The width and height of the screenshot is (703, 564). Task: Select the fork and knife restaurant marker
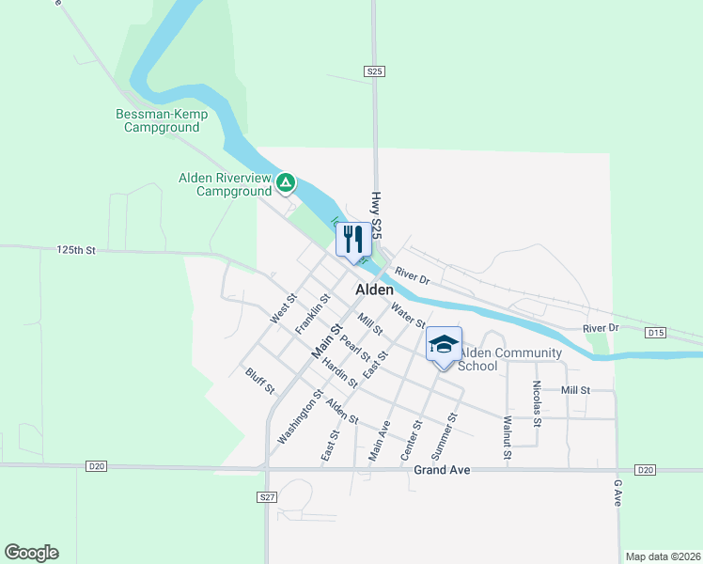pyautogui.click(x=352, y=240)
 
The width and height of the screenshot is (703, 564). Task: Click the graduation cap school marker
pyautogui.click(x=444, y=345)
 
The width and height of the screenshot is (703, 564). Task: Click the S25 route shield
pyautogui.click(x=374, y=70)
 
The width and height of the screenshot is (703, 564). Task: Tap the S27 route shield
pyautogui.click(x=267, y=495)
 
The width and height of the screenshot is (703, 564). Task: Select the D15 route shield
pyautogui.click(x=656, y=333)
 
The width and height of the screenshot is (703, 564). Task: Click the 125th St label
pyautogui.click(x=77, y=251)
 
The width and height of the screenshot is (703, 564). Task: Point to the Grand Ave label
pyautogui.click(x=441, y=469)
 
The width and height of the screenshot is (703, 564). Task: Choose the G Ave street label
pyautogui.click(x=617, y=493)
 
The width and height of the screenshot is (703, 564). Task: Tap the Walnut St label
pyautogui.click(x=508, y=438)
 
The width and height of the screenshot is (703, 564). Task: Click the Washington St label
pyautogui.click(x=300, y=417)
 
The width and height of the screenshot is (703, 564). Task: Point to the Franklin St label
pyautogui.click(x=311, y=314)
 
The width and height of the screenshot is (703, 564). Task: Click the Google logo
pyautogui.click(x=31, y=553)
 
